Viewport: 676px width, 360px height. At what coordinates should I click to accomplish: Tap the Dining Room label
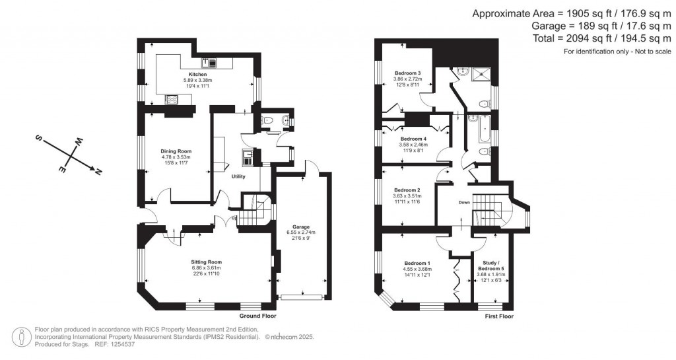(176, 151)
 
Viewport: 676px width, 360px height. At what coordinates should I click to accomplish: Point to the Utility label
(238, 177)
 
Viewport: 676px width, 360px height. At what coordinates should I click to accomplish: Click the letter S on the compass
(38, 139)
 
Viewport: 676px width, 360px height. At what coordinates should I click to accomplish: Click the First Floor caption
(498, 316)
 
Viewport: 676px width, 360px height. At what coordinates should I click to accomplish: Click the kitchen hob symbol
(171, 100)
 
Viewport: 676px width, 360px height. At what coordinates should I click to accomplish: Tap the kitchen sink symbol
(213, 63)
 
